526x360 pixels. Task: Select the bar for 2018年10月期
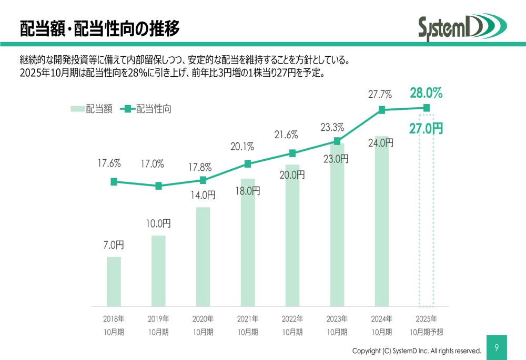pos(114,281)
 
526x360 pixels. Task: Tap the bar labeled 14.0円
pos(203,256)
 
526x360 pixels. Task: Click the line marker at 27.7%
pos(382,110)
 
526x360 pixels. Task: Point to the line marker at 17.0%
pos(158,186)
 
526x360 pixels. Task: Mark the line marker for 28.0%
pos(427,108)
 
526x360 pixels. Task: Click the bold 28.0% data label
pos(426,94)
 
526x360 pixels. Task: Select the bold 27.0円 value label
pos(426,129)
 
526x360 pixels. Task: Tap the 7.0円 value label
pos(114,245)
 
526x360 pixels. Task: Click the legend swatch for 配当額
pos(77,109)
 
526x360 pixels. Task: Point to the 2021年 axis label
pos(248,318)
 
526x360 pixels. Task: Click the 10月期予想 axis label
pos(426,332)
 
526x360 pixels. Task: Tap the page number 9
pos(497,347)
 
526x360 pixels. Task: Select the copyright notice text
pos(417,351)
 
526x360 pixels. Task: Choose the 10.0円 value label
pos(158,224)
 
